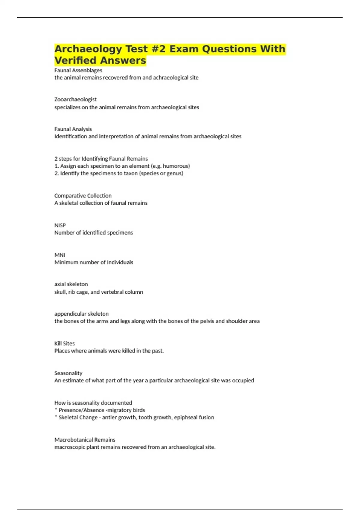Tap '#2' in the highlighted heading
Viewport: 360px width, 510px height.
[x=159, y=49]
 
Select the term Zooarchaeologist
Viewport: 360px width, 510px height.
[x=75, y=99]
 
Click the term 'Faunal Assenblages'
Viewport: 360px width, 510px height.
[x=78, y=70]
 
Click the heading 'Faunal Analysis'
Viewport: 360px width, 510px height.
[x=73, y=129]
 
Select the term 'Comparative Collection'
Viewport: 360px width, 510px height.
[x=83, y=196]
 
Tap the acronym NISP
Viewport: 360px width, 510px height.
[x=60, y=225]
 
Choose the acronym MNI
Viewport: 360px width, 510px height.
[x=60, y=255]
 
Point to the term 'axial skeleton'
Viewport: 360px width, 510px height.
[x=71, y=284]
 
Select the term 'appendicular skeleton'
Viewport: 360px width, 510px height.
[x=81, y=314]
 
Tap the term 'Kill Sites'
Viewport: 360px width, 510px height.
[x=64, y=343]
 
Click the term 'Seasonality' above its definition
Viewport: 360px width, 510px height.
[x=68, y=373]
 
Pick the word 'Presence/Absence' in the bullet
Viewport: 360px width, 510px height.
[x=82, y=410]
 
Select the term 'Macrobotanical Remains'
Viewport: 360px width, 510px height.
[x=85, y=440]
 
